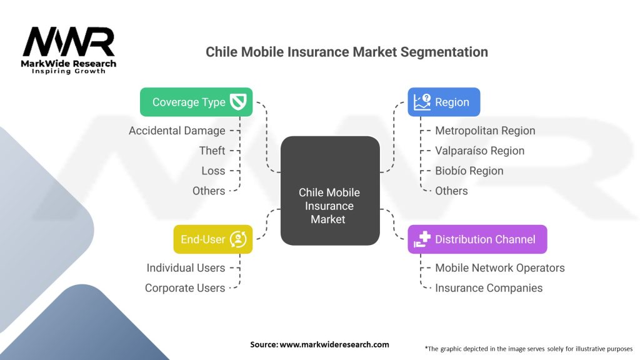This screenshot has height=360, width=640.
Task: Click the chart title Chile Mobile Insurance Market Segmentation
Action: [x=347, y=52]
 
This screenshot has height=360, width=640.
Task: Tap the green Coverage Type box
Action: [x=196, y=102]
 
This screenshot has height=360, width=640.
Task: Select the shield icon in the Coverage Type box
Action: [x=239, y=102]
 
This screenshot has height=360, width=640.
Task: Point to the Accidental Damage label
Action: [x=177, y=131]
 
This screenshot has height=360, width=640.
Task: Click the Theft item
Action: [x=212, y=151]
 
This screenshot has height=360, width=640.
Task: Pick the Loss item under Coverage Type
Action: [x=213, y=171]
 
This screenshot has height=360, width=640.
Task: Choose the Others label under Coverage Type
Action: [x=209, y=191]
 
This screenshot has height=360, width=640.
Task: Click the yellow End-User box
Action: [x=212, y=239]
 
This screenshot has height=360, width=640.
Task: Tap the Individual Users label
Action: [x=186, y=267]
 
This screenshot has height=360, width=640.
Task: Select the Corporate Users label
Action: [x=185, y=287]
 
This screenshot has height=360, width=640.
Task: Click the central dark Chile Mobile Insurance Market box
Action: [x=329, y=191]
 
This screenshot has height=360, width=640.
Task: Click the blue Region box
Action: [x=444, y=102]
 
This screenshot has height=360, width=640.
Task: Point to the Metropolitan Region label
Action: [x=485, y=131]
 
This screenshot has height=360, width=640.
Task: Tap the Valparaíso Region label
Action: [x=479, y=151]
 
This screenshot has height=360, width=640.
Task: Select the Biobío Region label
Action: [x=469, y=171]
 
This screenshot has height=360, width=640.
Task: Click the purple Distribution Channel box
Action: [x=477, y=239]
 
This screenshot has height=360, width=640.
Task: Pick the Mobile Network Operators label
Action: [x=499, y=267]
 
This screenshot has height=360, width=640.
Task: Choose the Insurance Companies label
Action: [x=489, y=287]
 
